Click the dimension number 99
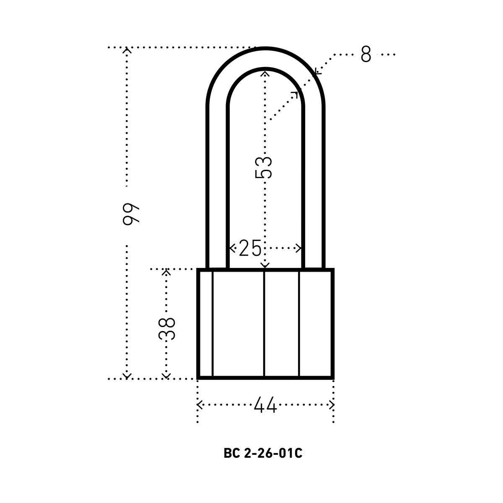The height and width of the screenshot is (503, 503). point(131,214)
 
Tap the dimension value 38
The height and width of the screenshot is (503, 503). point(166,329)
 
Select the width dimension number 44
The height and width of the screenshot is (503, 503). point(265,405)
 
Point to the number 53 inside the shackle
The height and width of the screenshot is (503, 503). point(263,168)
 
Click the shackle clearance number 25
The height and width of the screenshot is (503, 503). point(250,248)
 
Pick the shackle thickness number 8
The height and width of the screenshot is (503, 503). point(366,54)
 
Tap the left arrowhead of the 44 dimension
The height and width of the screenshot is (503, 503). point(200,405)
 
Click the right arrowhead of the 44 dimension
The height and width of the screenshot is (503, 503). point(331,405)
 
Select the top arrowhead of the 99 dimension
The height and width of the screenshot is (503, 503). point(127,50)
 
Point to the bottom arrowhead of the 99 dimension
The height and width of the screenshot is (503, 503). point(127,376)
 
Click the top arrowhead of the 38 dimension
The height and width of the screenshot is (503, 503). point(166,272)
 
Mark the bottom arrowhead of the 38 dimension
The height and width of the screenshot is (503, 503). point(166,376)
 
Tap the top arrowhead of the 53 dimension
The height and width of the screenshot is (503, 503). point(265,74)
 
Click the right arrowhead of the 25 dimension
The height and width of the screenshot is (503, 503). point(298,248)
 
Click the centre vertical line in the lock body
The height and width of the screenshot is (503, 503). point(264,324)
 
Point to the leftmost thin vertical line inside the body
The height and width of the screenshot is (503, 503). point(213,324)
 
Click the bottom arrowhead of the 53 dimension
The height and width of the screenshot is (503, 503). point(265,266)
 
